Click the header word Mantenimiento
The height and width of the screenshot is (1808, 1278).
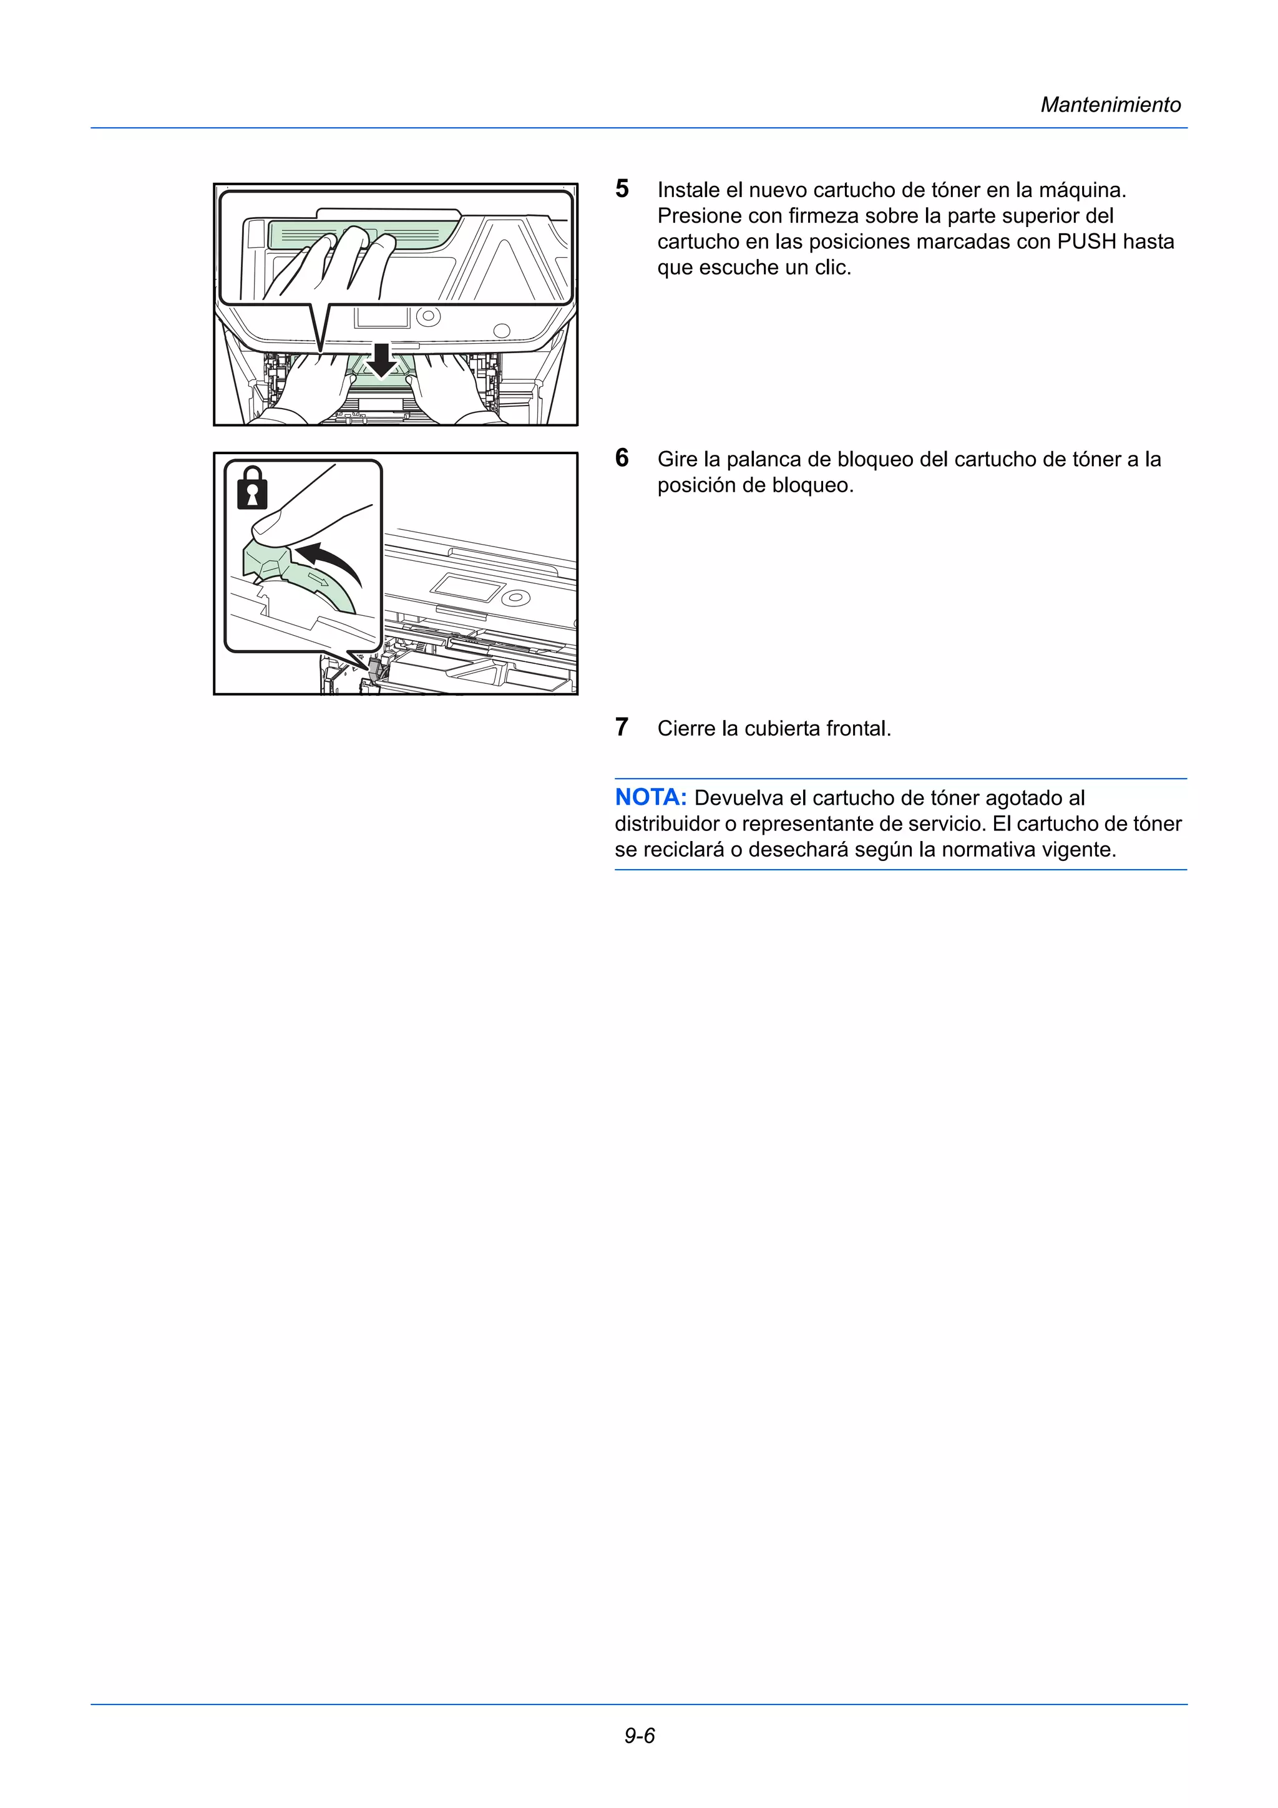pyautogui.click(x=1110, y=105)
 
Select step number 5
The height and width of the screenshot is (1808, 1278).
pyautogui.click(x=622, y=189)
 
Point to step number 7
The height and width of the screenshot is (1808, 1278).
pyautogui.click(x=622, y=727)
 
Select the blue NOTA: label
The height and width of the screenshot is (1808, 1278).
pyautogui.click(x=650, y=798)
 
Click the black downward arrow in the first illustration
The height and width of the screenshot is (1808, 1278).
pyautogui.click(x=382, y=360)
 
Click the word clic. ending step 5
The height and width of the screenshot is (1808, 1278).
pyautogui.click(x=833, y=268)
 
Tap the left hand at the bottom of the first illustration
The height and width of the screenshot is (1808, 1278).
pyautogui.click(x=311, y=386)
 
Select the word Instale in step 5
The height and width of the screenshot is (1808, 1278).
pyautogui.click(x=688, y=190)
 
